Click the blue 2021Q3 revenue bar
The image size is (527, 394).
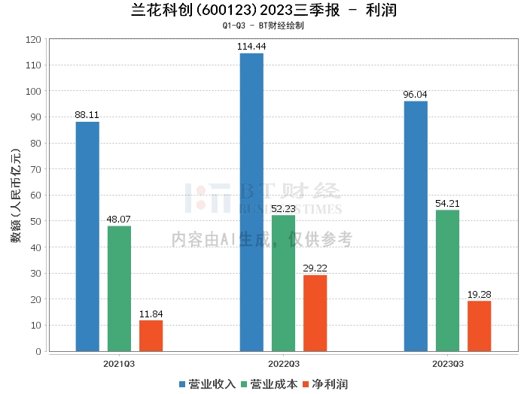coord(87,236)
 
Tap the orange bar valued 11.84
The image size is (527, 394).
coord(151,335)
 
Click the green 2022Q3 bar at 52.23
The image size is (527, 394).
coord(283,283)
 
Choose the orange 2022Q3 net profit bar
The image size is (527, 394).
coord(315,313)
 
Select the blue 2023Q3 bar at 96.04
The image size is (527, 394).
coord(416,226)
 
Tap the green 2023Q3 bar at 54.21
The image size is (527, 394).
coord(447,280)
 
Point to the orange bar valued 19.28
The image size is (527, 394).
coord(479,326)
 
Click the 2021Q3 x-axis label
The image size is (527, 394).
coord(119,363)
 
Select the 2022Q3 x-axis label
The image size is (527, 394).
coord(283,363)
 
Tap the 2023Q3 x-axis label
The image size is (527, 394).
coord(447,363)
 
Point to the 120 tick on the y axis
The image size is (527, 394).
coord(32,39)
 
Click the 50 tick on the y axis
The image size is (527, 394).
coord(35,221)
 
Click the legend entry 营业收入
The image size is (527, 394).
coord(208,384)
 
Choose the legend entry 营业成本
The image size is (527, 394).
coord(270,384)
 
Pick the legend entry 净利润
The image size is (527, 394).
coord(325,384)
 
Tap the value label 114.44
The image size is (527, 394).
coord(251,47)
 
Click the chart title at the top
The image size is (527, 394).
coord(263,11)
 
